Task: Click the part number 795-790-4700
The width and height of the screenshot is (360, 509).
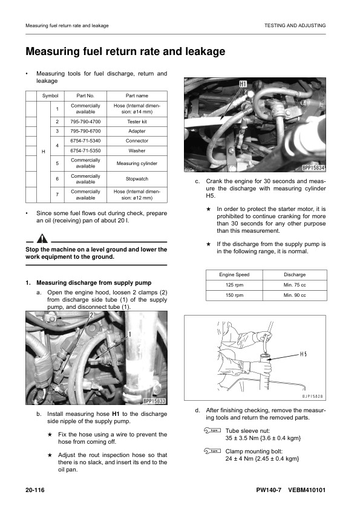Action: [85, 122]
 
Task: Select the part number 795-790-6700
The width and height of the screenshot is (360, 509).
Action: [85, 131]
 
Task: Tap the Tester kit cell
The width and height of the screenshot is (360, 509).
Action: [137, 122]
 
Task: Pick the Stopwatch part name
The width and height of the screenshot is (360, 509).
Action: [137, 179]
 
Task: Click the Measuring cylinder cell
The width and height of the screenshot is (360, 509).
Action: [137, 163]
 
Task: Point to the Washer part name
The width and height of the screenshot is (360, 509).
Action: [137, 151]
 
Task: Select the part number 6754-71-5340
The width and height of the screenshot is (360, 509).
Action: [85, 141]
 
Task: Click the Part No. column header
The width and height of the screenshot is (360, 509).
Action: [85, 96]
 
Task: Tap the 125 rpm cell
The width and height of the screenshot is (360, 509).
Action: [234, 285]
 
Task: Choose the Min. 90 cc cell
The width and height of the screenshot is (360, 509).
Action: [295, 296]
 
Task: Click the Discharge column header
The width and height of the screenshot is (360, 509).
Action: [295, 274]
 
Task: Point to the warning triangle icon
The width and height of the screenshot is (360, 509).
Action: [42, 239]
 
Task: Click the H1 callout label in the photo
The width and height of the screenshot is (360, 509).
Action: [243, 85]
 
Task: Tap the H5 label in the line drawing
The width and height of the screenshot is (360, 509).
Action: [303, 354]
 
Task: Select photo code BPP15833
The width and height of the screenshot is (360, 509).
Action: [154, 401]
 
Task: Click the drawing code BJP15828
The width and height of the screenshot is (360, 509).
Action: [313, 397]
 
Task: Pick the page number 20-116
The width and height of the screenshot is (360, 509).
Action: [35, 490]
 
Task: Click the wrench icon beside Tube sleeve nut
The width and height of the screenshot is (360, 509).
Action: [212, 431]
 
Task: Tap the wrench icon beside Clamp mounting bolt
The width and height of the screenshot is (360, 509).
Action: [212, 451]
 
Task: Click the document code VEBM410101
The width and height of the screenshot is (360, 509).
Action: [307, 490]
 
